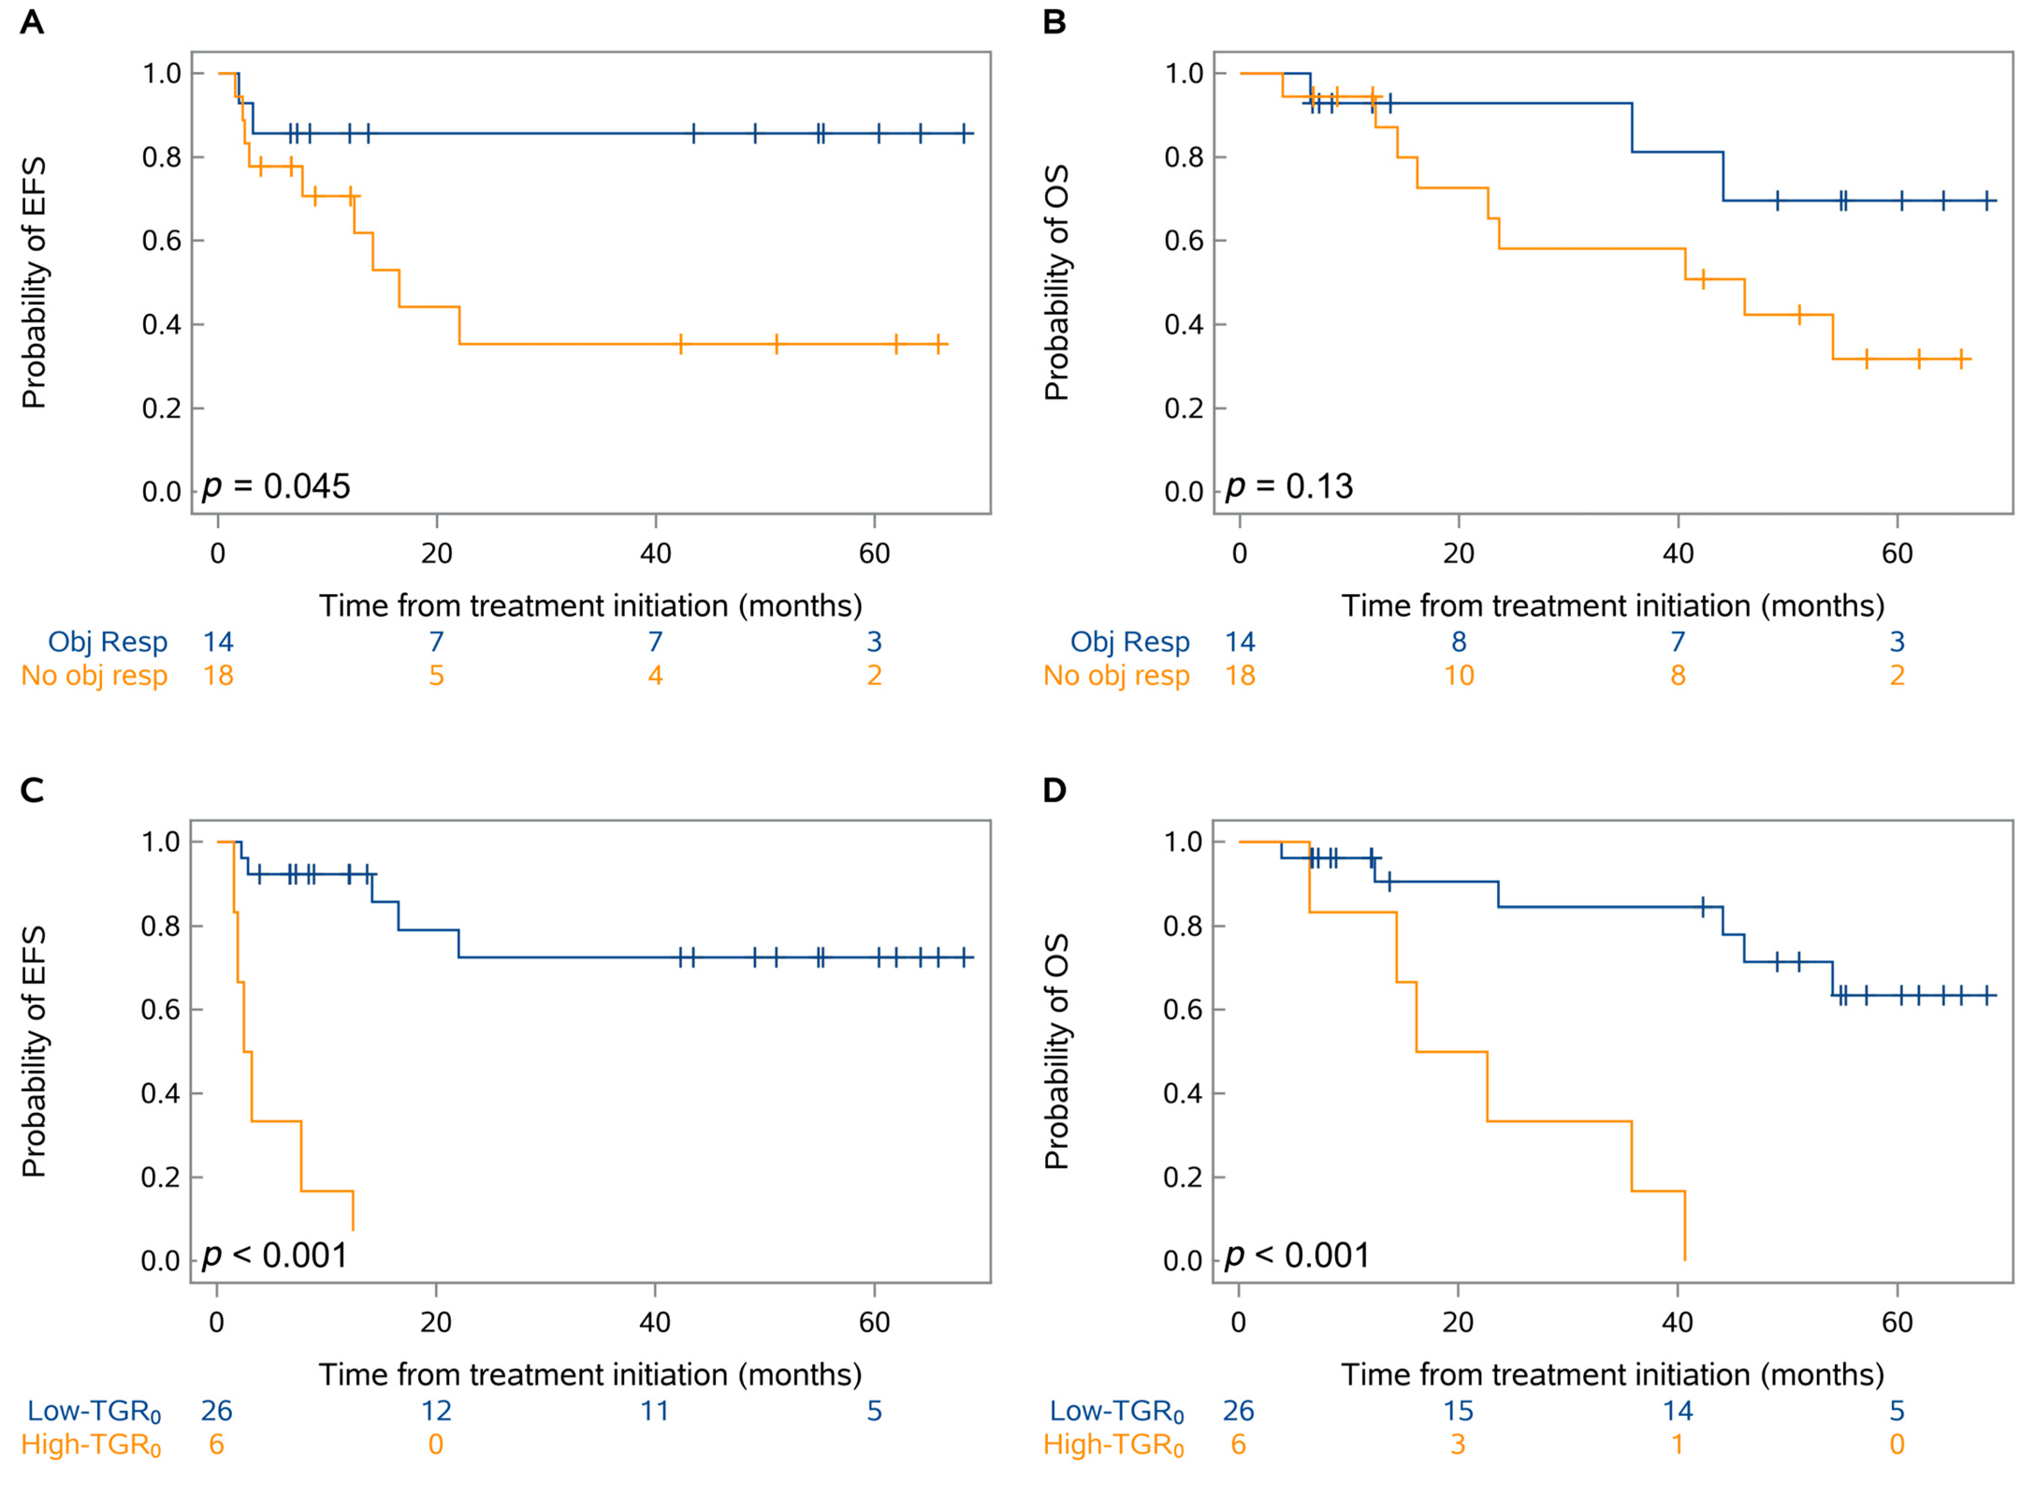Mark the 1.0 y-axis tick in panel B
click(1184, 74)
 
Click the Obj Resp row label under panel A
click(108, 642)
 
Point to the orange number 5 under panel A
click(436, 675)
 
